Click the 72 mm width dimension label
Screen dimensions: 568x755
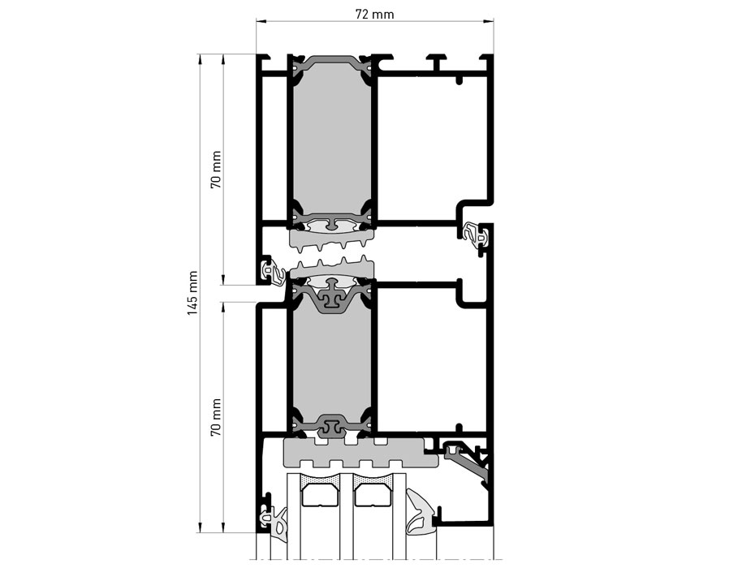point(374,15)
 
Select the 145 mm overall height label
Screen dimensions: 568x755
point(192,293)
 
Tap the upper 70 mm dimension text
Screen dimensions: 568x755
point(216,170)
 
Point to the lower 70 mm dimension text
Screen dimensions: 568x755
point(216,417)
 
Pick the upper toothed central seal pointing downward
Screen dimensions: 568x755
point(331,238)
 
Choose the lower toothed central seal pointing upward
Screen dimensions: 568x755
point(331,269)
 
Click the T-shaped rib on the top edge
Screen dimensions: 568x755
point(439,60)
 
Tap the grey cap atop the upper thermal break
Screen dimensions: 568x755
point(331,62)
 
